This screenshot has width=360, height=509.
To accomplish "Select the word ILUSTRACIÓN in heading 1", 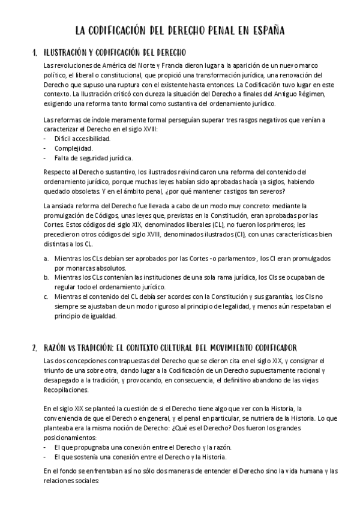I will click(x=67, y=53).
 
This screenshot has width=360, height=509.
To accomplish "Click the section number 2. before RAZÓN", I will click(x=35, y=348).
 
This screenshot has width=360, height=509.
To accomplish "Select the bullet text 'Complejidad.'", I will click(x=73, y=148).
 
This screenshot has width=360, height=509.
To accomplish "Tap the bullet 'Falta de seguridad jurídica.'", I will click(x=93, y=158).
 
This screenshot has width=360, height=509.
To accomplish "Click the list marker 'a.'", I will click(x=47, y=258).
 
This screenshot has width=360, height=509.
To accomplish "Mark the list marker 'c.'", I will click(x=47, y=297).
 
